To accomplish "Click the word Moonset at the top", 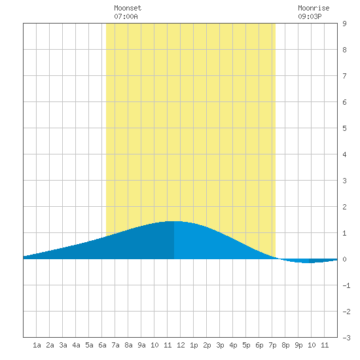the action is pyautogui.click(x=128, y=8).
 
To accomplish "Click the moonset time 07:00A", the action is pyautogui.click(x=126, y=16).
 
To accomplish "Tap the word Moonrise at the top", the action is pyautogui.click(x=314, y=8).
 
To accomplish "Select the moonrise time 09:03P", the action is pyautogui.click(x=310, y=16).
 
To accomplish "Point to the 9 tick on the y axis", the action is pyautogui.click(x=344, y=24).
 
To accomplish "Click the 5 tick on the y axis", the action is pyautogui.click(x=344, y=128).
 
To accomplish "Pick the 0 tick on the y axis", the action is pyautogui.click(x=344, y=259).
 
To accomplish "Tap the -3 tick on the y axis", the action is pyautogui.click(x=346, y=338).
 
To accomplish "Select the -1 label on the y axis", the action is pyautogui.click(x=346, y=285).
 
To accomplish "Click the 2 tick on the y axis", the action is pyautogui.click(x=344, y=207).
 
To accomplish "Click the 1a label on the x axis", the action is pyautogui.click(x=37, y=345).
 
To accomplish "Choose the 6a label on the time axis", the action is pyautogui.click(x=102, y=345).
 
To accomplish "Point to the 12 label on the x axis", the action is pyautogui.click(x=181, y=345).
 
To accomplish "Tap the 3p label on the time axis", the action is pyautogui.click(x=220, y=345).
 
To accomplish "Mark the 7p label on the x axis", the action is pyautogui.click(x=272, y=345).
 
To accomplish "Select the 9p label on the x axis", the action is pyautogui.click(x=298, y=345).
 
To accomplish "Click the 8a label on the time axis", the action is pyautogui.click(x=128, y=345).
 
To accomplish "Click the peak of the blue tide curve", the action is pyautogui.click(x=174, y=221).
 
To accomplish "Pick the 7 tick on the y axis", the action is pyautogui.click(x=344, y=76).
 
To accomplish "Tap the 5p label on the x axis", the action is pyautogui.click(x=246, y=345).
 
